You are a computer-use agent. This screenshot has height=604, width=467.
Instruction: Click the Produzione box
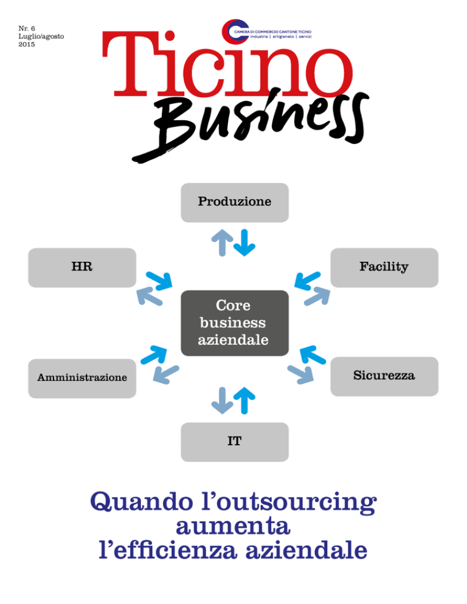(x=235, y=202)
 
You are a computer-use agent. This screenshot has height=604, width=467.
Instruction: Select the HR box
(x=82, y=268)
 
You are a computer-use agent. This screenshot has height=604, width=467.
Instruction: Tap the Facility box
(x=384, y=268)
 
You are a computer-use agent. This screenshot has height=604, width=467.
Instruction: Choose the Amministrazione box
(x=82, y=379)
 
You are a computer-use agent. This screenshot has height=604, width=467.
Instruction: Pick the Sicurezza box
(x=384, y=376)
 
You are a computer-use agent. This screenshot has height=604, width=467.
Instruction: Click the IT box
(x=235, y=442)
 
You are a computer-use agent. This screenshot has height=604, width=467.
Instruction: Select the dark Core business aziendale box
(x=235, y=323)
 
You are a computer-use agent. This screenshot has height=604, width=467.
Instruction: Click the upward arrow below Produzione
(x=222, y=242)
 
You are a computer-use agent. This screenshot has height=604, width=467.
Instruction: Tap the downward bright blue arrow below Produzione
(x=244, y=242)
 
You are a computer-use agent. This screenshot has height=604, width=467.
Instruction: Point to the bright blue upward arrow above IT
(x=244, y=400)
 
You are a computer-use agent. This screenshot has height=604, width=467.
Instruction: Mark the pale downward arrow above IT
(x=222, y=400)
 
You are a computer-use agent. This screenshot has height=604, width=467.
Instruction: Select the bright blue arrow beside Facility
(x=307, y=281)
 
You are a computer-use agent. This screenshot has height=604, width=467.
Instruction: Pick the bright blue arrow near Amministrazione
(x=154, y=355)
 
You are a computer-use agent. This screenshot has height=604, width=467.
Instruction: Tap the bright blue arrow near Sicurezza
(x=313, y=355)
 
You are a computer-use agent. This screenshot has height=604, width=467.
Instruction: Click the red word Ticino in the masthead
(x=227, y=64)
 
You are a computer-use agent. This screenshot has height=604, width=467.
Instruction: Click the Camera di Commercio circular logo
(x=235, y=31)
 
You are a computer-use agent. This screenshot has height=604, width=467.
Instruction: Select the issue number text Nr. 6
(x=27, y=29)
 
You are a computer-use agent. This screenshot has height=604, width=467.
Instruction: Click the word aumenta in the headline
(x=233, y=527)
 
